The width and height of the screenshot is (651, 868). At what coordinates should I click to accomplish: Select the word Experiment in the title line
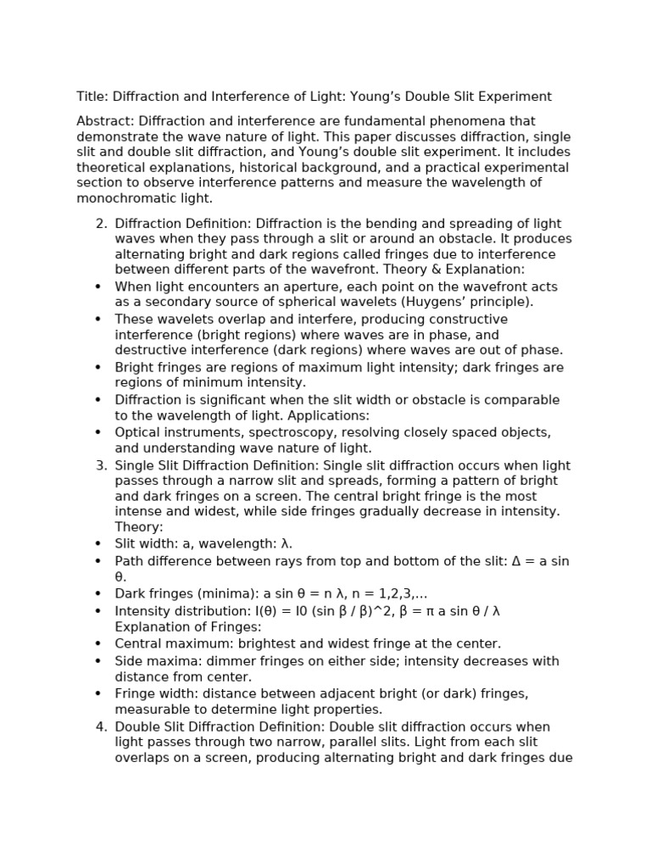(x=515, y=97)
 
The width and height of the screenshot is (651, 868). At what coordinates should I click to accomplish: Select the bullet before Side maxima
(x=98, y=661)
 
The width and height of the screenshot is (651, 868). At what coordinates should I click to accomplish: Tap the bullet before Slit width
(x=98, y=543)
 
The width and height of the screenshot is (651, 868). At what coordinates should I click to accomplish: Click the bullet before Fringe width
(x=98, y=693)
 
